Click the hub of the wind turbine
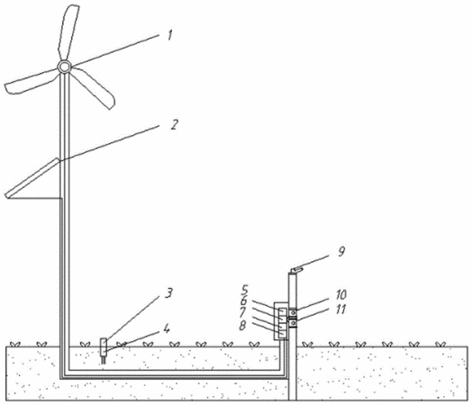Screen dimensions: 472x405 click(64, 67)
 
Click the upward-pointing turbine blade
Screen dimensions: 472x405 click(68, 32)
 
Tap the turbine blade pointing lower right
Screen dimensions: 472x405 click(95, 87)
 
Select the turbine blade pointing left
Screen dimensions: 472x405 click(30, 82)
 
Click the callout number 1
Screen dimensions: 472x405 click(170, 35)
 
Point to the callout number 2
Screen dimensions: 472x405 click(174, 124)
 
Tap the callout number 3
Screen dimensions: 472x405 click(168, 292)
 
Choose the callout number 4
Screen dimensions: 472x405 click(167, 328)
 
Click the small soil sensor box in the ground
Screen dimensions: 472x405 click(104, 347)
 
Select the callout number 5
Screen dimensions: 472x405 click(244, 291)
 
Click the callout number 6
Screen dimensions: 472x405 click(243, 301)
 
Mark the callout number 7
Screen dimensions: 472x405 click(242, 312)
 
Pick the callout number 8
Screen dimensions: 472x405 click(242, 325)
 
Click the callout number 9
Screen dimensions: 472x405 click(341, 251)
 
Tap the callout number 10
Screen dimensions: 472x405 click(340, 294)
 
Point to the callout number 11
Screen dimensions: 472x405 click(340, 310)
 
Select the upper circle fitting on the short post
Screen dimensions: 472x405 click(293, 313)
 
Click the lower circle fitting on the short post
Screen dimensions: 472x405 click(293, 323)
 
